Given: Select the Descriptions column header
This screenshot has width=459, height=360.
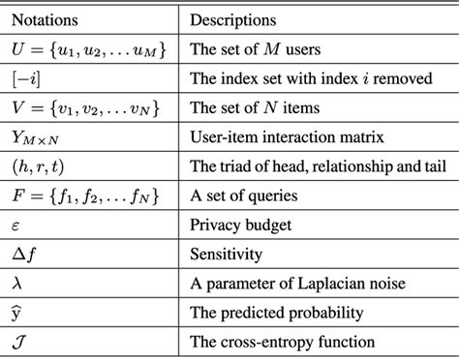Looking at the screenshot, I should (233, 18).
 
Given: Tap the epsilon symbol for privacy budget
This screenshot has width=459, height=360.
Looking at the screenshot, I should (16, 226).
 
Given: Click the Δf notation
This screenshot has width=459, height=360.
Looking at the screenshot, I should (24, 255).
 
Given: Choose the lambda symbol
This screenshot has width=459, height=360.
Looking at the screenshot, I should (16, 284).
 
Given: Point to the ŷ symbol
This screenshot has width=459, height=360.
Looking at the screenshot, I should (16, 313).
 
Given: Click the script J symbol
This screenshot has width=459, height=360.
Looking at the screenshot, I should (18, 342).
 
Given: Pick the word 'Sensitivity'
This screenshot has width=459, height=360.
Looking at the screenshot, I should (224, 255).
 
